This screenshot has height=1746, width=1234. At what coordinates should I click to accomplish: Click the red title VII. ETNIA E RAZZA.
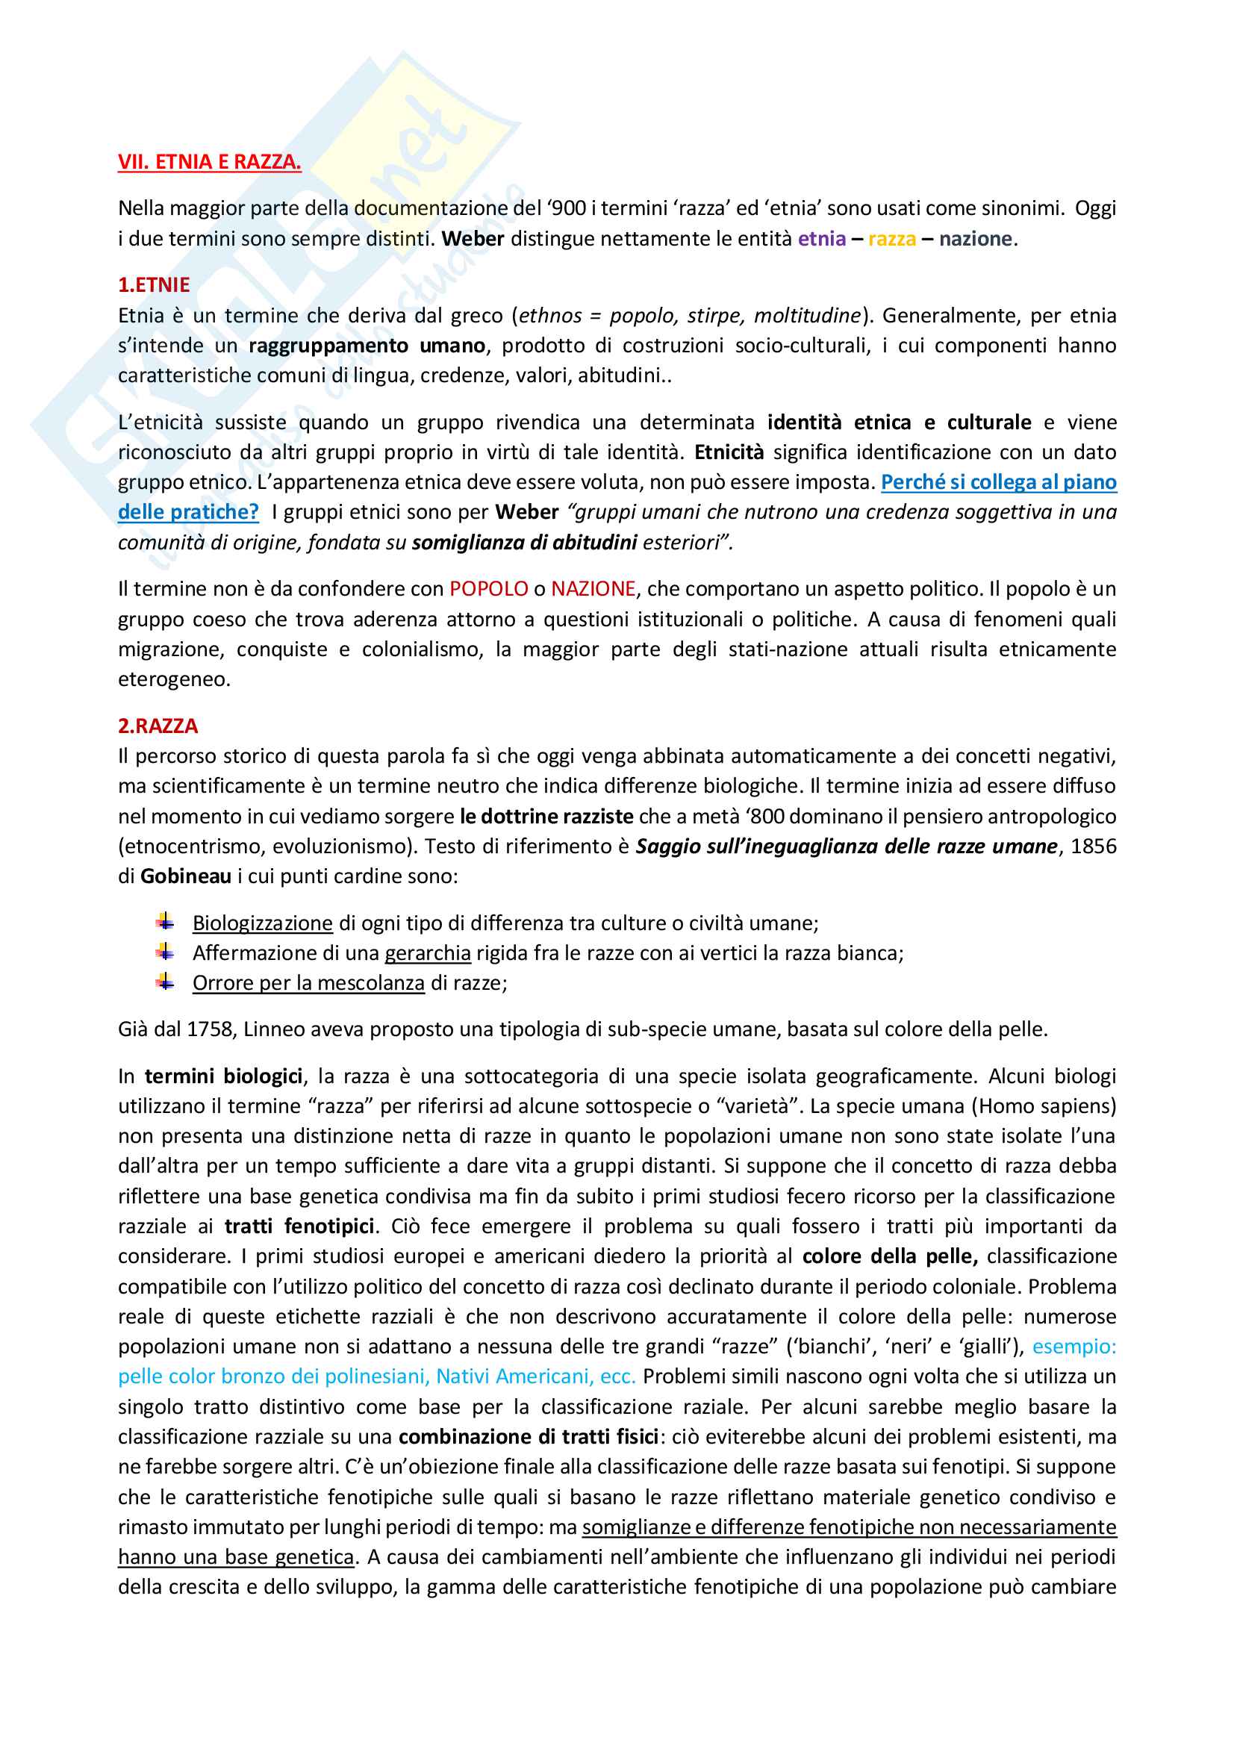209,162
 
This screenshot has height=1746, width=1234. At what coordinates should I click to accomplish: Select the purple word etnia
821,239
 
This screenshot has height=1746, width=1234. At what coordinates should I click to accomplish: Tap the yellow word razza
892,239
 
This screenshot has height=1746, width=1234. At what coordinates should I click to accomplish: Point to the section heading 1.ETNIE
154,284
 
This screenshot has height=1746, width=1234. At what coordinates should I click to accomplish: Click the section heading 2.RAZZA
158,726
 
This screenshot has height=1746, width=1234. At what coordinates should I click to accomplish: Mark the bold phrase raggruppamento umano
367,346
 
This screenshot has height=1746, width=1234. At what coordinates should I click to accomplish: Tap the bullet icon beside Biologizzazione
166,923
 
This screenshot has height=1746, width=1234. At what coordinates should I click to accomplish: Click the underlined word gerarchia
427,952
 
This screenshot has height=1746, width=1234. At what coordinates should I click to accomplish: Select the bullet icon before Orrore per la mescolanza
166,982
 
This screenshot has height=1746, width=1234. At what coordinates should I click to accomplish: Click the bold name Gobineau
186,876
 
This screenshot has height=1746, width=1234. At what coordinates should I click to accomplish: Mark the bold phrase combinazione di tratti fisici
528,1436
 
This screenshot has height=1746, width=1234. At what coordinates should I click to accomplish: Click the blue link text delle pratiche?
188,512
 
